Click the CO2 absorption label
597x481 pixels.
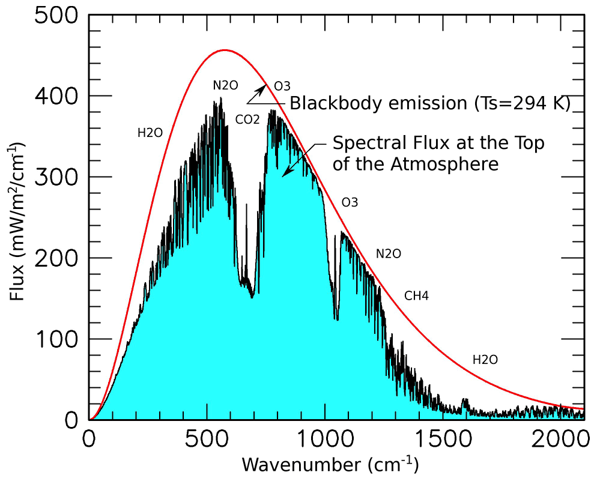coord(247,120)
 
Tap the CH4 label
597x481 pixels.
coord(416,295)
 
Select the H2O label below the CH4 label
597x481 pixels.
coord(485,360)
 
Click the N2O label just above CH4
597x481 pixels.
coord(388,254)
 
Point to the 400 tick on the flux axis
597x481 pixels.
coord(56,96)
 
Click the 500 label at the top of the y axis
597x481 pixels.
coord(56,15)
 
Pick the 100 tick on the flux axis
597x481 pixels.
coord(56,339)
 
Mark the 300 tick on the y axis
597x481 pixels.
coord(56,177)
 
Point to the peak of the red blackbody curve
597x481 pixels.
coord(224,50)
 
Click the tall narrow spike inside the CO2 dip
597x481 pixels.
coord(246,205)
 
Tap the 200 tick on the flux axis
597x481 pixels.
coord(56,258)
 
